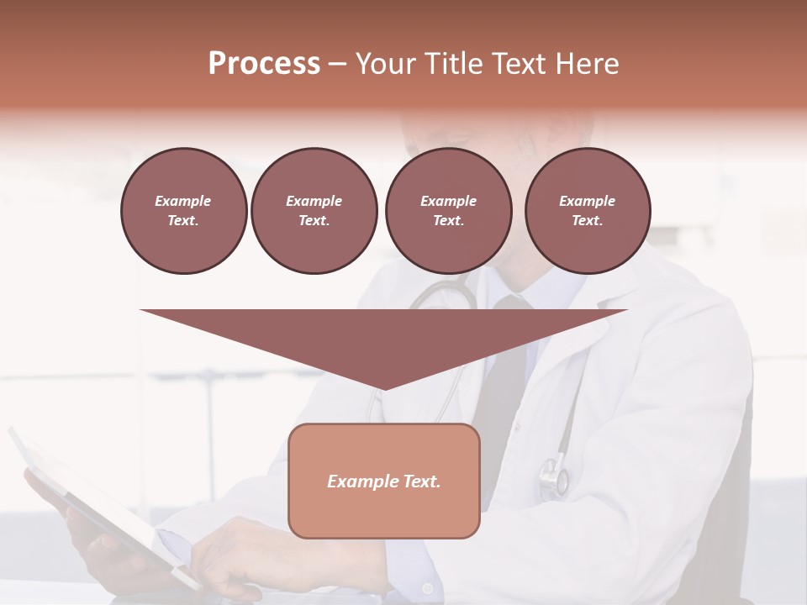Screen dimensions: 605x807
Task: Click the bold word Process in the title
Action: click(x=264, y=64)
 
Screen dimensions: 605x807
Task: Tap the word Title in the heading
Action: click(x=451, y=64)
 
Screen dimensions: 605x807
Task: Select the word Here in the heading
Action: click(x=587, y=64)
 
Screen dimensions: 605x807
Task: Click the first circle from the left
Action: click(x=183, y=211)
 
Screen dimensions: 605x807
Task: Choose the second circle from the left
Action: click(x=314, y=211)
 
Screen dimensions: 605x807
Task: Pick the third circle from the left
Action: click(x=448, y=211)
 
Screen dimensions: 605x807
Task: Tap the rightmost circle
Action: click(x=588, y=211)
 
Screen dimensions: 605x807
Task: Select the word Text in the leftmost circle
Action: click(x=182, y=221)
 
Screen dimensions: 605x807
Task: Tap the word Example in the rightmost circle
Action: click(x=588, y=201)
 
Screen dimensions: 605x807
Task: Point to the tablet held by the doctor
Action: click(x=92, y=504)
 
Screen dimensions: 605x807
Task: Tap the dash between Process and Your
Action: click(x=337, y=64)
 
